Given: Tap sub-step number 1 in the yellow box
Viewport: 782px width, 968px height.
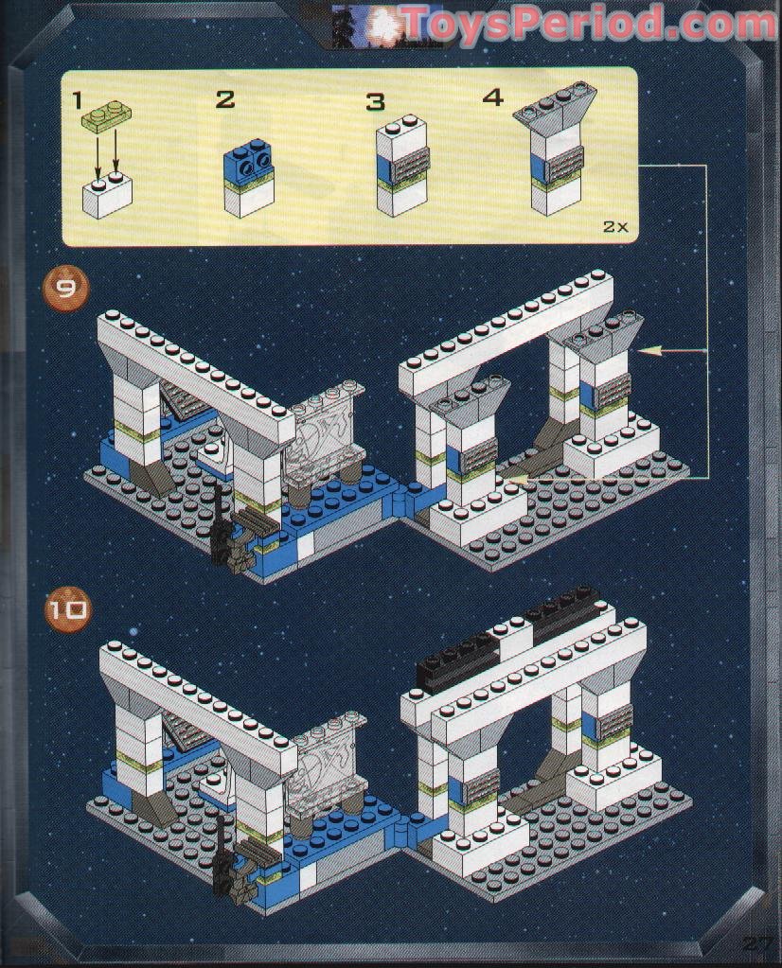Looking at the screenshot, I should coord(79,97).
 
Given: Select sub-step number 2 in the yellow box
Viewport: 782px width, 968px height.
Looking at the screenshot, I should coord(224,99).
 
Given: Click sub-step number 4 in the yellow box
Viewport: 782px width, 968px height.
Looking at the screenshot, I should coord(492,97).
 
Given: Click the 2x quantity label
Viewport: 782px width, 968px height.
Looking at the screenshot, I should coord(613,226).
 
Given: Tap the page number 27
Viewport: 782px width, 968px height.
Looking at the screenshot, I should coord(758,943).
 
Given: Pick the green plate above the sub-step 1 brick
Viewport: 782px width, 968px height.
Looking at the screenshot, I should coord(106,118).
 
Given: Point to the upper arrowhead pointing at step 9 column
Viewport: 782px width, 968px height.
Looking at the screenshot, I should coord(648,352).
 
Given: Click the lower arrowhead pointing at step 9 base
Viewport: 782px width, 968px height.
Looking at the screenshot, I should coord(516,481).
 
